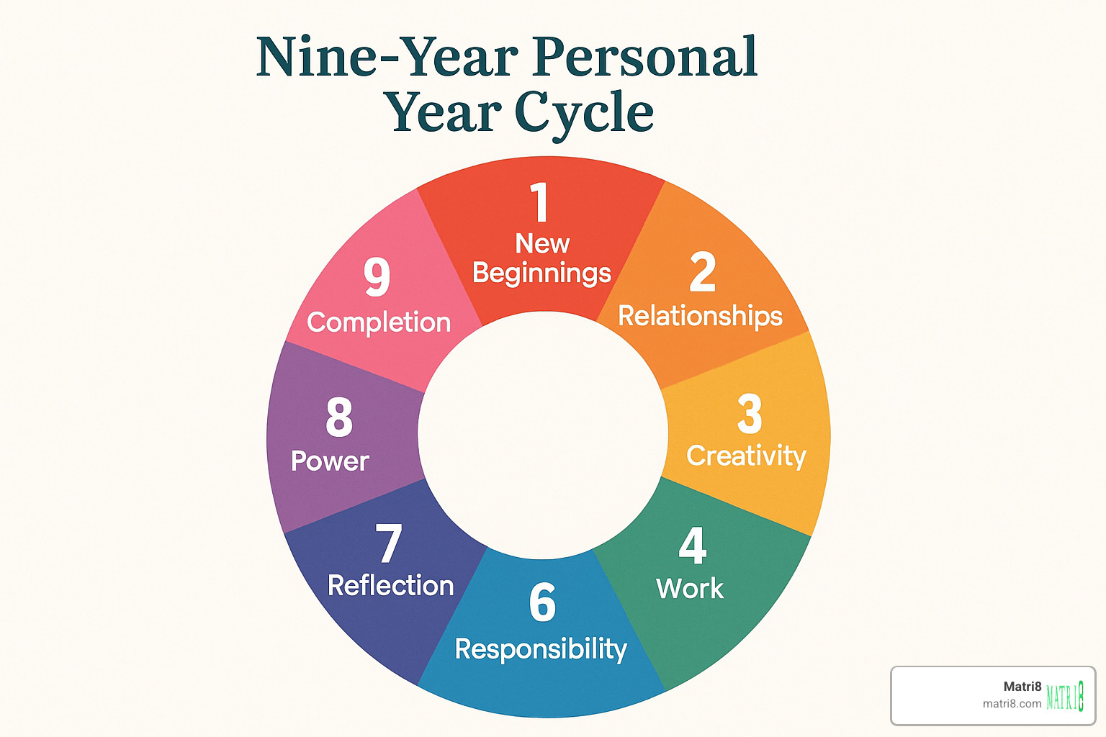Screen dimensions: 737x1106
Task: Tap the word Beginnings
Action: click(541, 273)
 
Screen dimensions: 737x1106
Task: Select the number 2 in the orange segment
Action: click(703, 273)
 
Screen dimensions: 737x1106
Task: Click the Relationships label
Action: click(700, 316)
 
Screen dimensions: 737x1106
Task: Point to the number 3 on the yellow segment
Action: click(750, 415)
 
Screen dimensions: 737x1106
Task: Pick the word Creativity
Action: click(746, 456)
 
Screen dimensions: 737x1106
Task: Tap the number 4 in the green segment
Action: click(693, 546)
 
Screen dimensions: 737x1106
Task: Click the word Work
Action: click(690, 589)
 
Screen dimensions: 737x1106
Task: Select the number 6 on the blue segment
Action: click(542, 603)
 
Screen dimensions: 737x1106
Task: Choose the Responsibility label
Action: click(541, 649)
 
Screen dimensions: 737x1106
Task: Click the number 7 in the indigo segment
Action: click(389, 544)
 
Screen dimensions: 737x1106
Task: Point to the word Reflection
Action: click(390, 586)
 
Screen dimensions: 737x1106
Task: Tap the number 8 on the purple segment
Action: click(339, 417)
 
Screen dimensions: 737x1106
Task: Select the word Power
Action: click(330, 461)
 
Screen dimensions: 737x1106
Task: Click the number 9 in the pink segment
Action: click(377, 277)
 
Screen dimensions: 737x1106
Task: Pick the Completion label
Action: click(379, 322)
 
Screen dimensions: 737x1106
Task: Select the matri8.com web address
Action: click(1012, 704)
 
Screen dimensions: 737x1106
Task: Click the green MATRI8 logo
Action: click(1065, 696)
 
